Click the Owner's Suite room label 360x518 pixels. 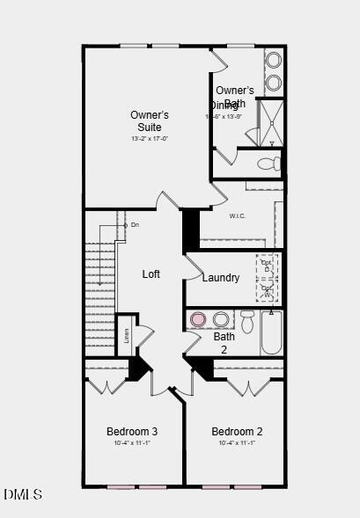pos(150,121)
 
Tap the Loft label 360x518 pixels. pos(151,274)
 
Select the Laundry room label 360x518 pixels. pos(220,278)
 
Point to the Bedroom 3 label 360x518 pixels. pos(132,431)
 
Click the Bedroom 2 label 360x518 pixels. pos(237,431)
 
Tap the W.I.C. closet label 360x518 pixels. pos(237,215)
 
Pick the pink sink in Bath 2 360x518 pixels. pos(199,319)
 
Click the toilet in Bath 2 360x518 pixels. pos(247,321)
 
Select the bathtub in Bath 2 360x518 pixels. pos(271,332)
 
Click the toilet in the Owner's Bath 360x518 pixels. pos(271,164)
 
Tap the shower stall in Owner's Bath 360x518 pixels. pos(269,123)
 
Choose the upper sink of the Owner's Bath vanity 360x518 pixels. pos(274,61)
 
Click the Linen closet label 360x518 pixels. pos(127,335)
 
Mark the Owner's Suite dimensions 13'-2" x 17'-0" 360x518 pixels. pos(150,138)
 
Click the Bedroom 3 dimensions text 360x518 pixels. pos(132,443)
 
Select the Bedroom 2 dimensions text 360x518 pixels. pos(237,443)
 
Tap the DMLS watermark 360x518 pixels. pos(23,494)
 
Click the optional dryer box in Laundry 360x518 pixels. pos(267,264)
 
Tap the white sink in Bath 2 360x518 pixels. pos(221,319)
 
